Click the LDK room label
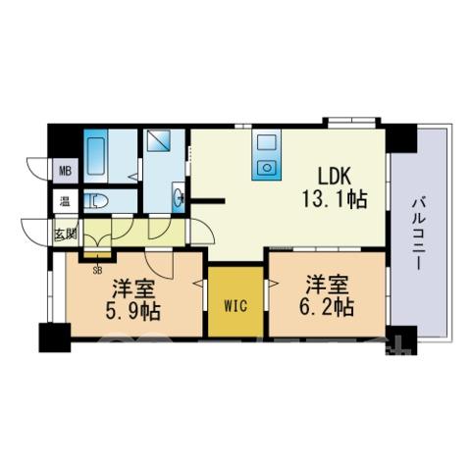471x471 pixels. tap(335, 177)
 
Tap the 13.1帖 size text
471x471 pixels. tap(335, 199)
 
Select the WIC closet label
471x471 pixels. tap(235, 306)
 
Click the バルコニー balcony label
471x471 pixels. tap(417, 234)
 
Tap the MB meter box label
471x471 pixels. tap(66, 171)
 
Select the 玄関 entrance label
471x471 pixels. tap(66, 234)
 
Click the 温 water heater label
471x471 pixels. tap(65, 201)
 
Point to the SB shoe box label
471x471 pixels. tap(97, 270)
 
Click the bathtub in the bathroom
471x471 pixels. tap(96, 156)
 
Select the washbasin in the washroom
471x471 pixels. tap(179, 197)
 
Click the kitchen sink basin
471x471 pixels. tap(266, 142)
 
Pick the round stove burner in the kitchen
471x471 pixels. tap(267, 168)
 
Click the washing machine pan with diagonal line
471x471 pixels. tap(158, 140)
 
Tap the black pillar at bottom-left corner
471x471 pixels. tap(55, 338)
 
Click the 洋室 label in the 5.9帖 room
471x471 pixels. tap(132, 288)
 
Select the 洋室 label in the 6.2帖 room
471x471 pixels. tap(326, 285)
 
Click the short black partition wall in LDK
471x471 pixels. tap(208, 200)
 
